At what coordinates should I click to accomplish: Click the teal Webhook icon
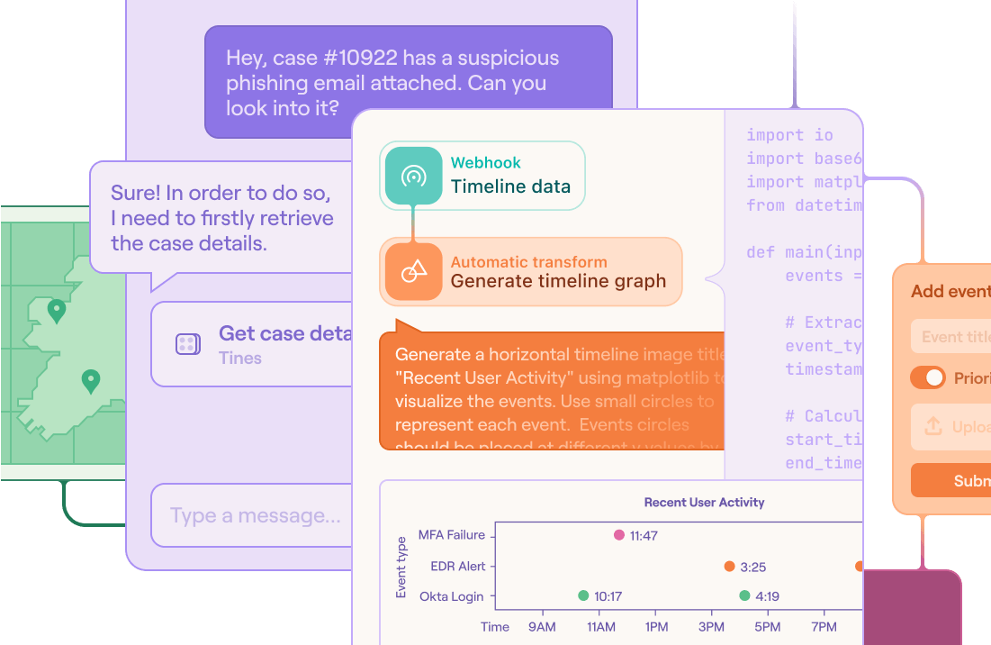(413, 176)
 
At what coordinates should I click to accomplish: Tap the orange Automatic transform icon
(413, 271)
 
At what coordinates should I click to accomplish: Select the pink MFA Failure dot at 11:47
(618, 535)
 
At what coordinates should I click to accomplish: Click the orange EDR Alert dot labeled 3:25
(729, 567)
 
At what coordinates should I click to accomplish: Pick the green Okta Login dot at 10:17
(583, 595)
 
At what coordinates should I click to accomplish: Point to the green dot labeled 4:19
(744, 595)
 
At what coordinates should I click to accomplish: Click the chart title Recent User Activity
(704, 502)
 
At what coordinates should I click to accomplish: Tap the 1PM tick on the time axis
(656, 627)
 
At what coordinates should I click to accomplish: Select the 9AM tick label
(543, 627)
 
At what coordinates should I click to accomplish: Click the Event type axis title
(401, 566)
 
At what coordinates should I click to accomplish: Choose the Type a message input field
(257, 516)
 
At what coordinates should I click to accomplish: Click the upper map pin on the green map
(57, 311)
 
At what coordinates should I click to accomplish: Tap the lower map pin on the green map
(90, 381)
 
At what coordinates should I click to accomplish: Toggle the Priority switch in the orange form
(928, 377)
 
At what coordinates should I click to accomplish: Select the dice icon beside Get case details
(187, 344)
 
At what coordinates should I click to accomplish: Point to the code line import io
(789, 135)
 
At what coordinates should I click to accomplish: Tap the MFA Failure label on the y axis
(452, 535)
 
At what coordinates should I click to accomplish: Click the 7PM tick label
(824, 627)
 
